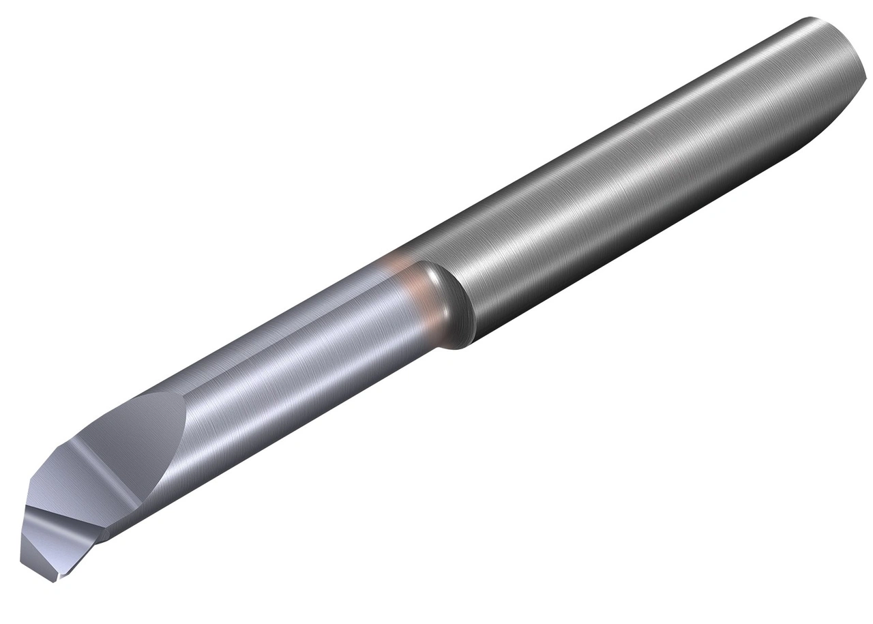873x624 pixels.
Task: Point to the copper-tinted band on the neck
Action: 402,280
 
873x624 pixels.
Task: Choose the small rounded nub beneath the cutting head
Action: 102,539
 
